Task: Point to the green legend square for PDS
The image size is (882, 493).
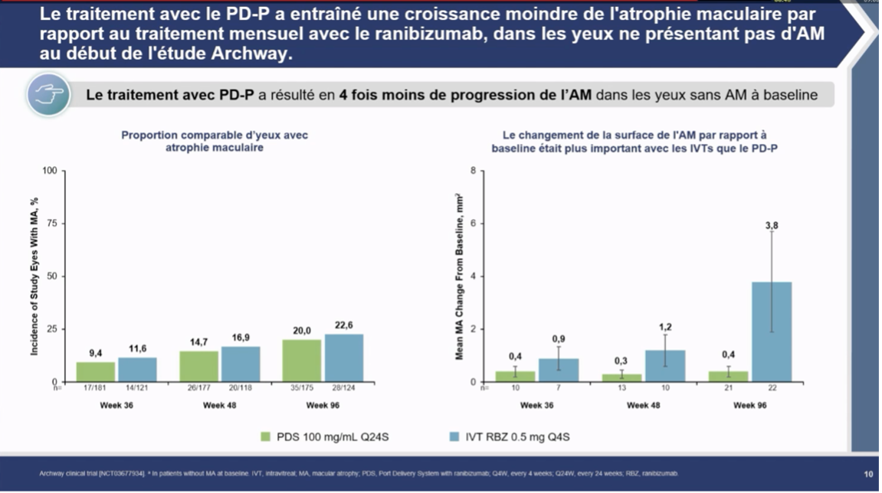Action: tap(266, 437)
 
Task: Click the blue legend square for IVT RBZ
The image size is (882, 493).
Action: tap(452, 437)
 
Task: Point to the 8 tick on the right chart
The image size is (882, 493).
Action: tap(473, 171)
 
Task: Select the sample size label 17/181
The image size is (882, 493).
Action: tap(95, 388)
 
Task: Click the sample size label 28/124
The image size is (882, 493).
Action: tap(343, 388)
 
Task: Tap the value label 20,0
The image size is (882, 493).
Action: tap(303, 331)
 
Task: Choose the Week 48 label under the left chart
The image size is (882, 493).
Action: tap(219, 406)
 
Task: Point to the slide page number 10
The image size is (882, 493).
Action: tap(868, 475)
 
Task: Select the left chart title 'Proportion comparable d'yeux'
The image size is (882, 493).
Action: tap(215, 135)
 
